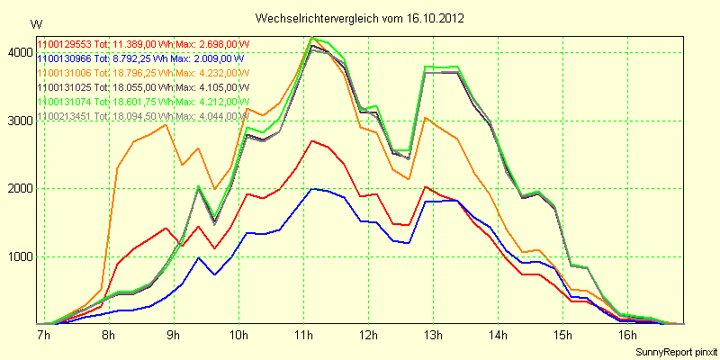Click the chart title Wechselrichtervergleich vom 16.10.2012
coord(360,18)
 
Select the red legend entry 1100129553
coord(143,43)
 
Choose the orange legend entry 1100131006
coord(143,72)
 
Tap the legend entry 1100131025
coord(143,86)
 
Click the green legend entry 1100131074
coord(143,101)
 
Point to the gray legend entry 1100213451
coord(143,115)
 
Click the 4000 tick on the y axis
coord(19,53)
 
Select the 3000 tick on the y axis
coord(19,121)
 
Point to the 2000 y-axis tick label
coord(19,189)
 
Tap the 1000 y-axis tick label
coord(19,256)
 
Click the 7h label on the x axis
coord(43,336)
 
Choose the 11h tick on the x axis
coord(303,336)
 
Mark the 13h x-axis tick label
coord(433,336)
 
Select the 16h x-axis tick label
coord(628,336)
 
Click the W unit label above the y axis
coord(35,23)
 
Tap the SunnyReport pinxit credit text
coord(675,350)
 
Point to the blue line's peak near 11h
coord(312,189)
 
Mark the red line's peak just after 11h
coord(311,140)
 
